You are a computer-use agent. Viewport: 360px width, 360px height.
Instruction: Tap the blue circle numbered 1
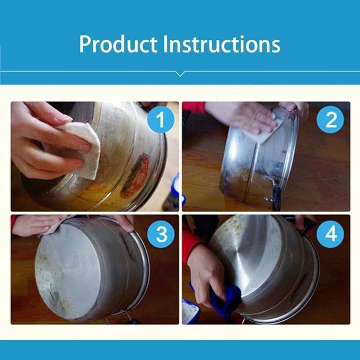160,120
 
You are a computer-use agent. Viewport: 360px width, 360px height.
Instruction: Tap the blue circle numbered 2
330,120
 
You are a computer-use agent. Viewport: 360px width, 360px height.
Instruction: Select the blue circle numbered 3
160,234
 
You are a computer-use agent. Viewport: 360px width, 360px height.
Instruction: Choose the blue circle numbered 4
330,234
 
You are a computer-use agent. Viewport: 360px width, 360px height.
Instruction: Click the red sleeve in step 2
194,107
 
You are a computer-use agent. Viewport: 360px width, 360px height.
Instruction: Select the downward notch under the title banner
180,74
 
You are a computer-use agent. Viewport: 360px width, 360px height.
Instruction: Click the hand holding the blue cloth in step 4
207,276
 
